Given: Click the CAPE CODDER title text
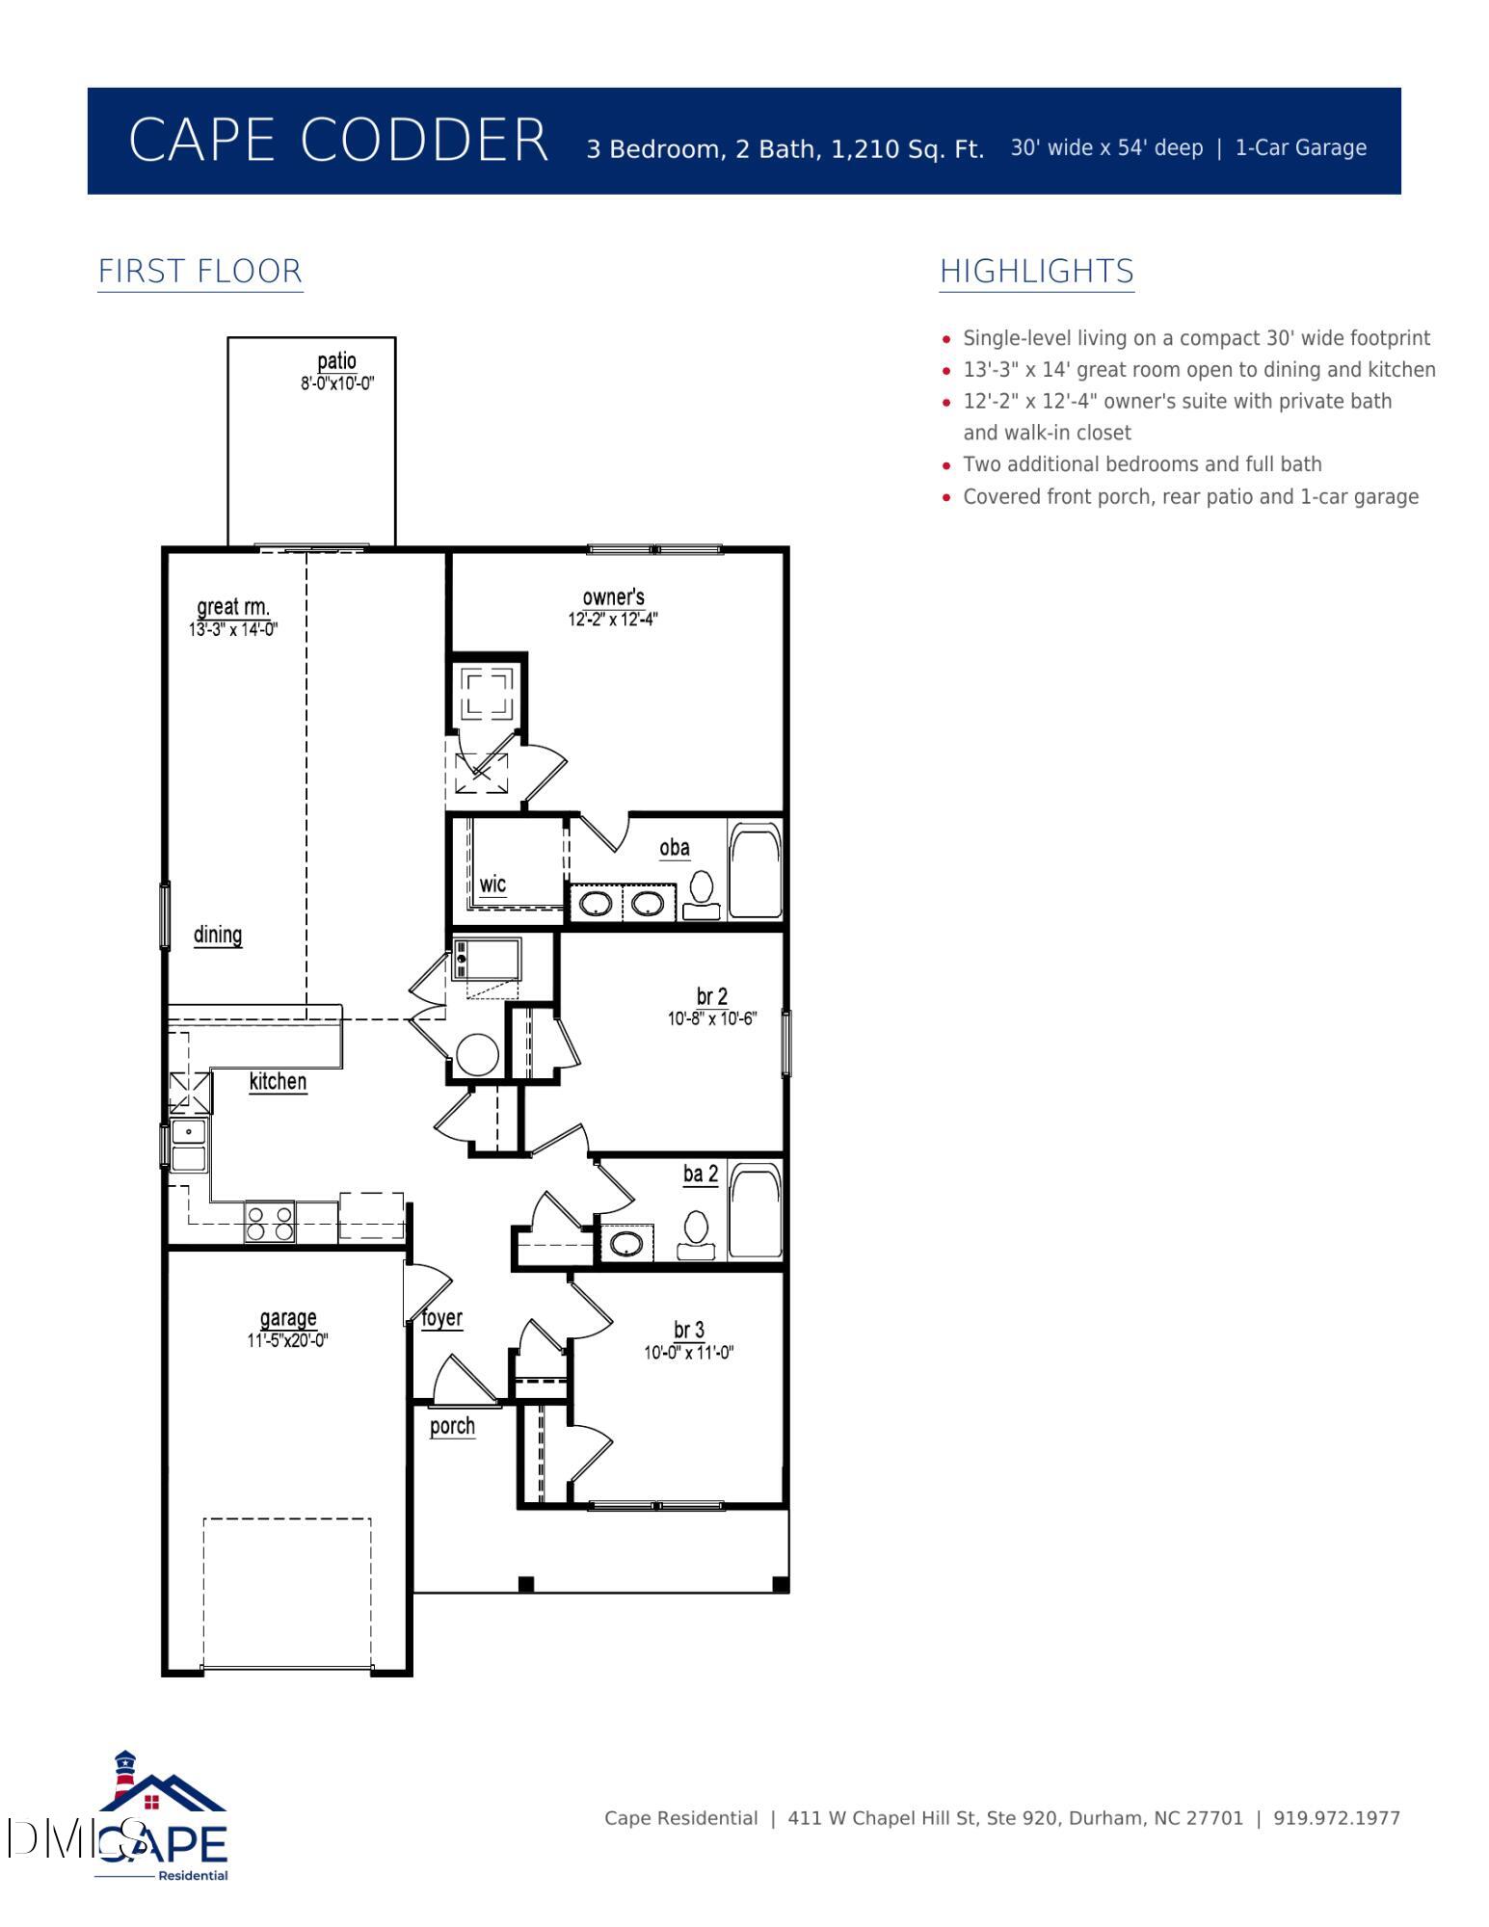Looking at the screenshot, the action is [338, 140].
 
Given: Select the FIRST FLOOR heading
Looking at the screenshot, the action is [200, 271].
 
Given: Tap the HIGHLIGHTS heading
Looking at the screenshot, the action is [1037, 271].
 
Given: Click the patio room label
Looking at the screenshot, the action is [337, 361].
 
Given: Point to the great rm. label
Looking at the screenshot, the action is [233, 607].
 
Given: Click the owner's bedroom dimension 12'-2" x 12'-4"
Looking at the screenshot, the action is [613, 620].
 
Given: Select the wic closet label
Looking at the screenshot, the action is [492, 884].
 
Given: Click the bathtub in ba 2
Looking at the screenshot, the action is [755, 1210].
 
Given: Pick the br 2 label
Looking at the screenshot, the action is [712, 996].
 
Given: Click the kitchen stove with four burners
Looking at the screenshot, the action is [270, 1222].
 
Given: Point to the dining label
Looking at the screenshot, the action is [218, 935].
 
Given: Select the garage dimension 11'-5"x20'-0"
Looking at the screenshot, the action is [288, 1340].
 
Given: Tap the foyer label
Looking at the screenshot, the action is [442, 1318].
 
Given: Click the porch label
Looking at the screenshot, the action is [452, 1426].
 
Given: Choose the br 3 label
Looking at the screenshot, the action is [689, 1331].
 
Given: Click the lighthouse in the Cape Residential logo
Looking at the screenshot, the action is [124, 1776].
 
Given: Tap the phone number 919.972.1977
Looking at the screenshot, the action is [1337, 1818].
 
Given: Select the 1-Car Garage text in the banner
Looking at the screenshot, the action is [1301, 148].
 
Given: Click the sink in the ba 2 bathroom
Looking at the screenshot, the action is [626, 1243].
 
